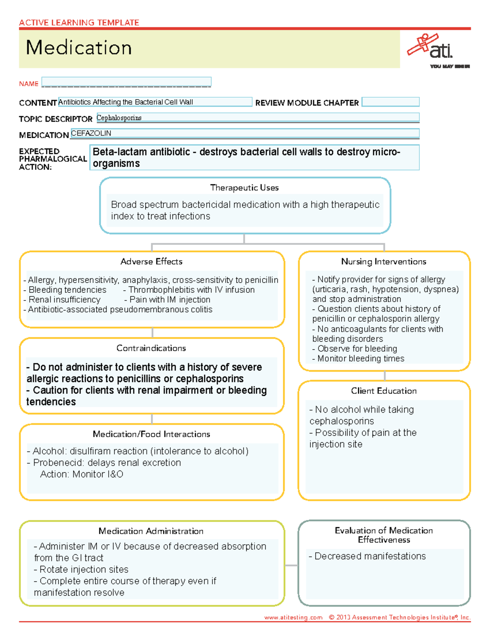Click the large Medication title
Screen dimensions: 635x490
tap(79, 48)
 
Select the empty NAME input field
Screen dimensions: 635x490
tap(126, 82)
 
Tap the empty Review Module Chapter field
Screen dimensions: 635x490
tap(390, 102)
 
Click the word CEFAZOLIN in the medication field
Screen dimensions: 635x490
tap(91, 133)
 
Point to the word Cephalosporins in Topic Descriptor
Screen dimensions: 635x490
tap(119, 118)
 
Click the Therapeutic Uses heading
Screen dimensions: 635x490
tap(244, 188)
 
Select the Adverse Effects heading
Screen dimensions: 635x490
tap(151, 262)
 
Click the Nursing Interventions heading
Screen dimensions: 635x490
tap(383, 262)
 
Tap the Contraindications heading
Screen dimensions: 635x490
tap(151, 348)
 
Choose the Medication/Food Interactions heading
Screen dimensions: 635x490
tap(151, 434)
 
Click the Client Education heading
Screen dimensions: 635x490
tap(383, 391)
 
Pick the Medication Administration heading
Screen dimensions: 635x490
tap(151, 531)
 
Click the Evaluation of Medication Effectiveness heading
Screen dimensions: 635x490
tap(383, 535)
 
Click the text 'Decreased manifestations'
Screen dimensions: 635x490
tap(370, 556)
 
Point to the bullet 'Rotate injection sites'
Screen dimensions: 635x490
tap(83, 570)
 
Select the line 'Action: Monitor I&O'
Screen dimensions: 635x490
tap(81, 474)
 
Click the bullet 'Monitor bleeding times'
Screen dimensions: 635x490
tap(360, 359)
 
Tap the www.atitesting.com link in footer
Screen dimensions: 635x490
tap(293, 617)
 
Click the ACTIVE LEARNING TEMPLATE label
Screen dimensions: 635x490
tap(79, 23)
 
